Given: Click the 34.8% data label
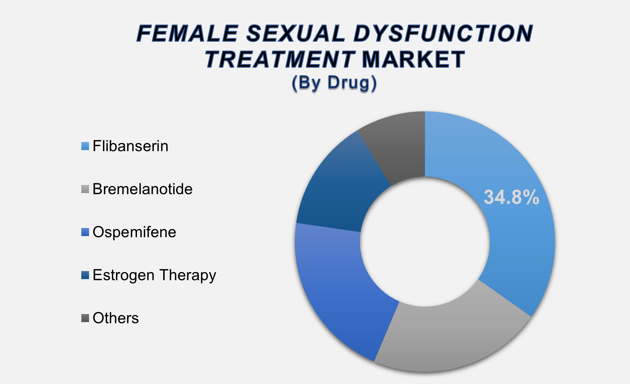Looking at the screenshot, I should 512,197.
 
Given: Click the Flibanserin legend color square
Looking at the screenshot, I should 85,146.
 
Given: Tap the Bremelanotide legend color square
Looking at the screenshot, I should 85,189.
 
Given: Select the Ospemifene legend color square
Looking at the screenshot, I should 85,232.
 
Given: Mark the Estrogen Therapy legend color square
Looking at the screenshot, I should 85,275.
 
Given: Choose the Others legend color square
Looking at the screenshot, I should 85,318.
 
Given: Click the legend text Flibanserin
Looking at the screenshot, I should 130,146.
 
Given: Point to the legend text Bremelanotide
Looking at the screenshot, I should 143,189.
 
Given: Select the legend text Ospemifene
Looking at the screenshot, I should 134,232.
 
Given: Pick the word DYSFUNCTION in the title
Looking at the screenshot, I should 444,33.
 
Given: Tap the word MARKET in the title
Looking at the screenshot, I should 413,59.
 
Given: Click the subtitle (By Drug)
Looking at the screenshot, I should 334,83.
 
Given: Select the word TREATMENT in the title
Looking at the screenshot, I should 280,59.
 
